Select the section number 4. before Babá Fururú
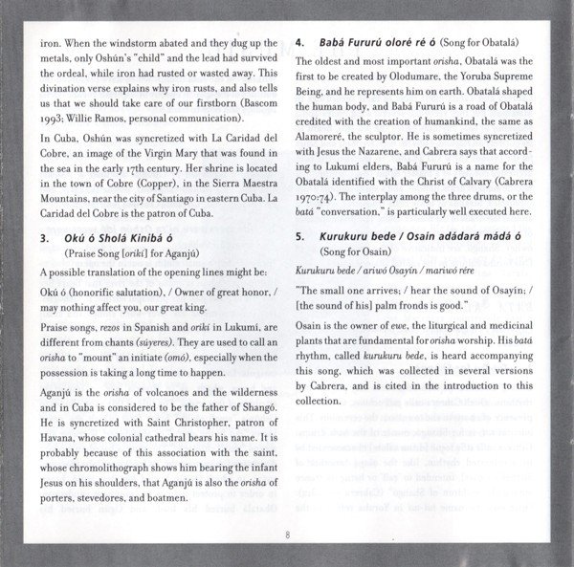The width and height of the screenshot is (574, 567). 299,43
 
